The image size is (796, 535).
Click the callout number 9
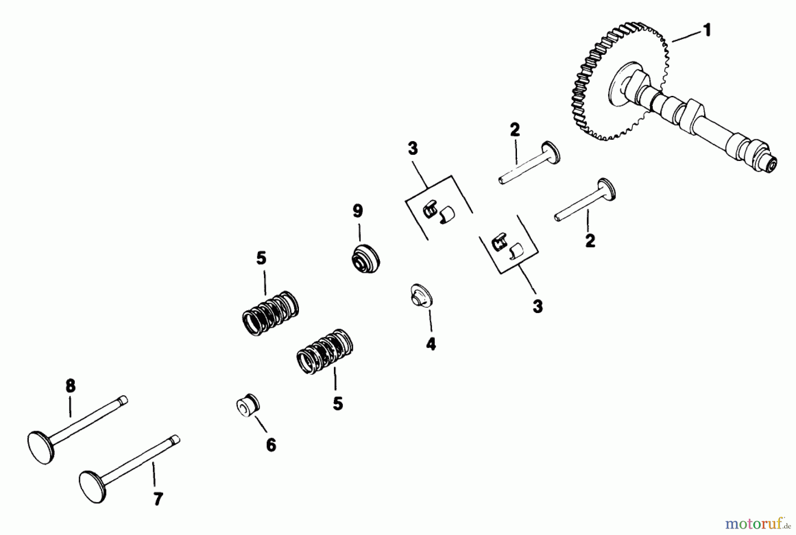pyautogui.click(x=357, y=211)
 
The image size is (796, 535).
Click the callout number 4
pyautogui.click(x=430, y=344)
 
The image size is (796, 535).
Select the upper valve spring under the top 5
pyautogui.click(x=271, y=313)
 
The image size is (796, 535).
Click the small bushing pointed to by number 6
pyautogui.click(x=248, y=405)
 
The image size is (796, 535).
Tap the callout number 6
pyautogui.click(x=271, y=444)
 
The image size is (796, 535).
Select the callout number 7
pyautogui.click(x=158, y=499)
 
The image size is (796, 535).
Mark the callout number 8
pyautogui.click(x=70, y=386)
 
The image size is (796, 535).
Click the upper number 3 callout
pyautogui.click(x=413, y=149)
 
